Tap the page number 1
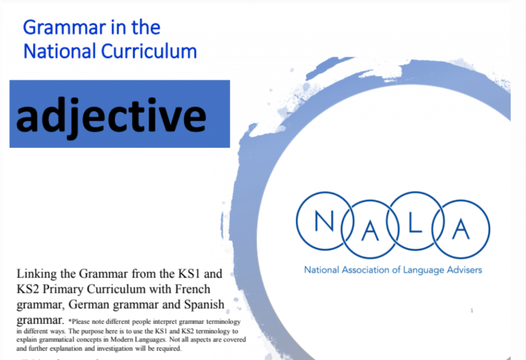pos(472,310)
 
